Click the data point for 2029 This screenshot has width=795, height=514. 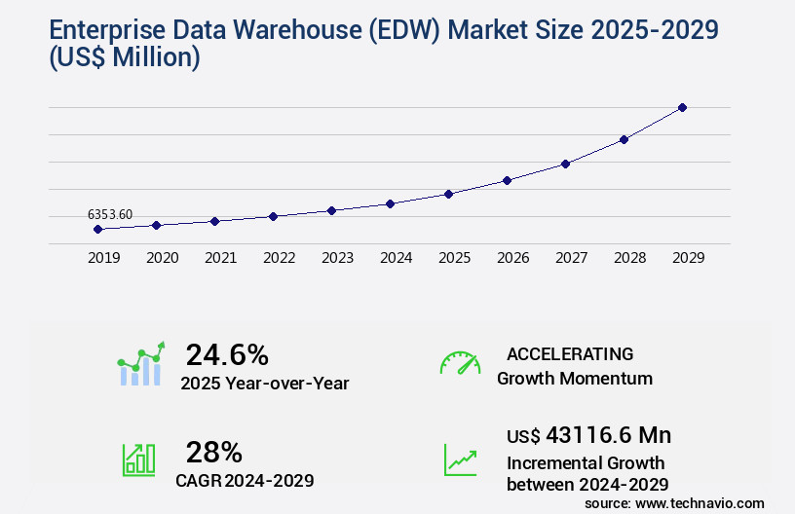click(682, 107)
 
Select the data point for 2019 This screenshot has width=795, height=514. click(97, 229)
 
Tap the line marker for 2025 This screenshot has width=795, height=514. click(448, 194)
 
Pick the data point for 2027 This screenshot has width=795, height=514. click(565, 164)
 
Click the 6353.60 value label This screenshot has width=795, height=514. click(110, 214)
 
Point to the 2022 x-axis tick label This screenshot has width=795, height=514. click(279, 258)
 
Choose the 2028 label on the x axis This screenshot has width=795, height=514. click(629, 258)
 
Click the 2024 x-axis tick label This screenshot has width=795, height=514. click(396, 258)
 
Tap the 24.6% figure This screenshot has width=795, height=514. click(227, 354)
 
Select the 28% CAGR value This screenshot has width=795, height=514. click(213, 452)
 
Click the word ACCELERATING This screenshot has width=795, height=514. click(570, 353)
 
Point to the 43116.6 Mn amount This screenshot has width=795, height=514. click(588, 434)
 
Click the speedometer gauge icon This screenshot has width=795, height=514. click(460, 363)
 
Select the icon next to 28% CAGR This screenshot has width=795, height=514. click(138, 459)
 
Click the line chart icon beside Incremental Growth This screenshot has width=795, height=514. click(460, 459)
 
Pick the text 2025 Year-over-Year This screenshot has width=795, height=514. click(264, 383)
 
